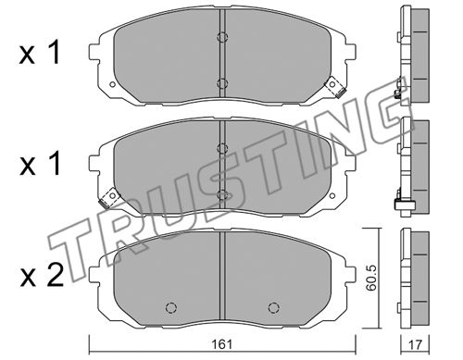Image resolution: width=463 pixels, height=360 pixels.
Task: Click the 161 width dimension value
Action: pyautogui.click(x=222, y=344)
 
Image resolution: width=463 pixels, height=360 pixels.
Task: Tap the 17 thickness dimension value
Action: pyautogui.click(x=415, y=344)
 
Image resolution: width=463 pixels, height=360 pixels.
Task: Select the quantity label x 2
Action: pyautogui.click(x=42, y=276)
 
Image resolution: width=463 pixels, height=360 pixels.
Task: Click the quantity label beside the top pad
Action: pyautogui.click(x=39, y=54)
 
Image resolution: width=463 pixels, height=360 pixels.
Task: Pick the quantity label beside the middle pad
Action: pyautogui.click(x=39, y=165)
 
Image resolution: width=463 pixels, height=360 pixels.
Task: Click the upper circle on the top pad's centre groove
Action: pyautogui.click(x=222, y=37)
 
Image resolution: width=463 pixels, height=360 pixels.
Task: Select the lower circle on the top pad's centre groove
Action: pyautogui.click(x=222, y=83)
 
